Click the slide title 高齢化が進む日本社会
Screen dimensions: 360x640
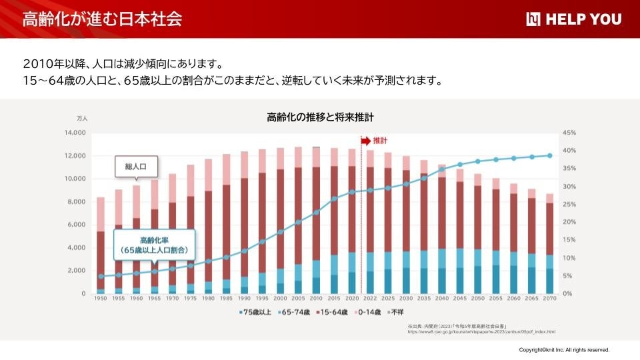click(102, 19)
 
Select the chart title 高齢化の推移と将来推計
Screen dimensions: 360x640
click(320, 117)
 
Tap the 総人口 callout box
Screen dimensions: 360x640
click(135, 165)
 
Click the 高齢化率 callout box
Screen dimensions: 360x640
click(154, 245)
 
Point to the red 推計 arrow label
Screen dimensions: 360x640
click(375, 141)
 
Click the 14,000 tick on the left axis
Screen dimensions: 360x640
click(74, 133)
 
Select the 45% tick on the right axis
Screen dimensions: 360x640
click(569, 133)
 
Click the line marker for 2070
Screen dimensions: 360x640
click(550, 155)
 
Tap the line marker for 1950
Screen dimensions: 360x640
click(101, 276)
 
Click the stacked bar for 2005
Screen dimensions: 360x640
click(298, 220)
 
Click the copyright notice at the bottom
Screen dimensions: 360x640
click(564, 349)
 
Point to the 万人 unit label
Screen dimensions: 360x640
click(82, 118)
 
